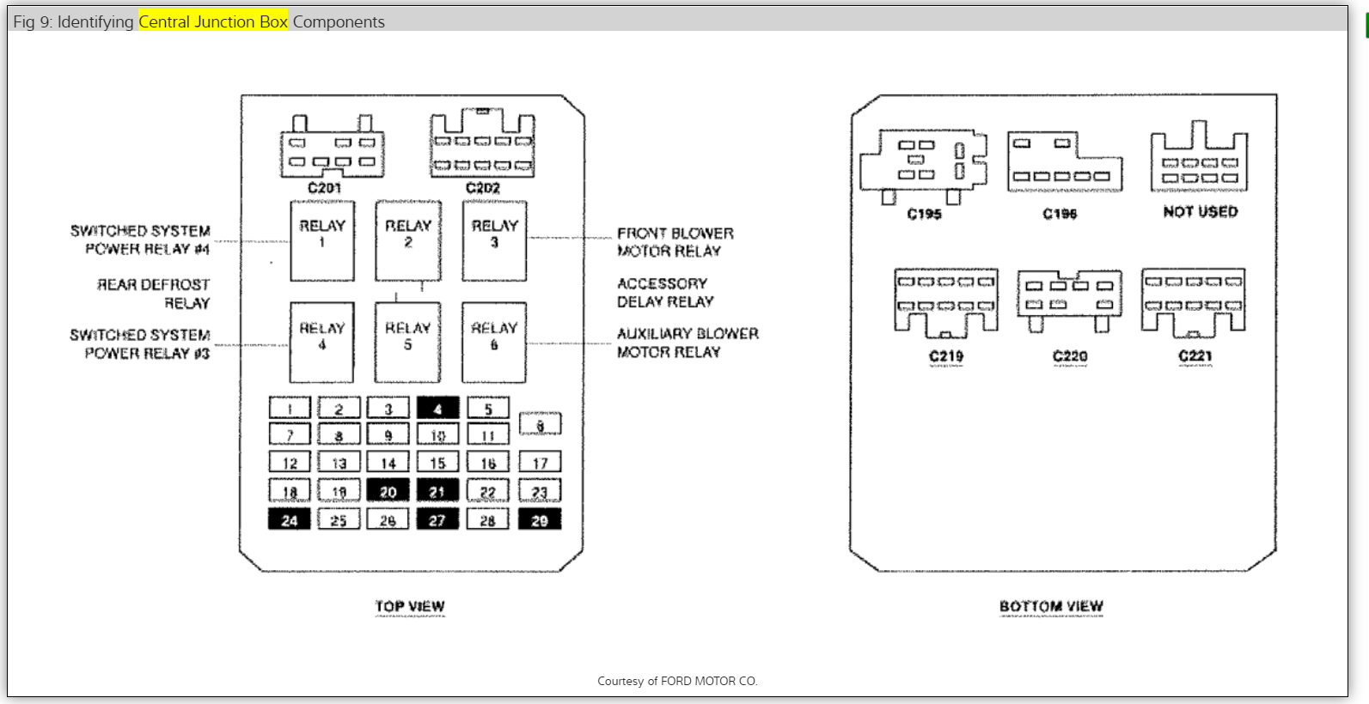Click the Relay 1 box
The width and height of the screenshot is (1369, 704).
tap(322, 241)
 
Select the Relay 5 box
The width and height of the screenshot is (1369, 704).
tap(407, 342)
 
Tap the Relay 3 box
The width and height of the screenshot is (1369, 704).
tap(494, 241)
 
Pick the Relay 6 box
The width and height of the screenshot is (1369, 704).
tap(494, 342)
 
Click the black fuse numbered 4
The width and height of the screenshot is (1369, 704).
tap(437, 408)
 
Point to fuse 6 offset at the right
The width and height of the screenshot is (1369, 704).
tap(540, 424)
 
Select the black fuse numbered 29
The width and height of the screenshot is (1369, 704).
tap(540, 519)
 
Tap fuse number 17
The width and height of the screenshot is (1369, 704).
tap(540, 463)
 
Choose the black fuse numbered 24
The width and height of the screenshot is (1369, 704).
tap(290, 519)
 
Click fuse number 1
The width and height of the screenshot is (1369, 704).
tap(290, 408)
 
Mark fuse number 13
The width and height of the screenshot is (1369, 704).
tap(339, 463)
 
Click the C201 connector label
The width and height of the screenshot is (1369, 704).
tap(324, 187)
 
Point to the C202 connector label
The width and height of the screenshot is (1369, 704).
tap(483, 187)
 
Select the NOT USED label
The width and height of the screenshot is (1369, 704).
tap(1201, 211)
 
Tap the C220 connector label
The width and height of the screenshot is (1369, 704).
tap(1070, 355)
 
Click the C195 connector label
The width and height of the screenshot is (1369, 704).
tap(924, 213)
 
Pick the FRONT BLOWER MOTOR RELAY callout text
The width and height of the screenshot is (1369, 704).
tap(675, 241)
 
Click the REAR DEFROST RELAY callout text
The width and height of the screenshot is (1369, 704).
tap(153, 293)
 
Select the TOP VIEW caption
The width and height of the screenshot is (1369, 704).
tap(410, 605)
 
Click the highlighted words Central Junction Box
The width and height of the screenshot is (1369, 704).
tap(213, 21)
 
